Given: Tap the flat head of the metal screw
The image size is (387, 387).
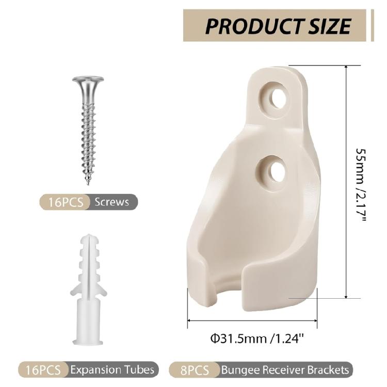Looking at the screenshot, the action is tap(88, 79).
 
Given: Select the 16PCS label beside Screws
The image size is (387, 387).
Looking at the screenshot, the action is tap(66, 202).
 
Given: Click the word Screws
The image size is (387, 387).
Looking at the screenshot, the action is tap(112, 202).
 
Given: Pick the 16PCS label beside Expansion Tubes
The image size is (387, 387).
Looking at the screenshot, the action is tap(43, 370).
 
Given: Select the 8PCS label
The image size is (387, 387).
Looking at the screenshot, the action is tap(195, 370).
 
